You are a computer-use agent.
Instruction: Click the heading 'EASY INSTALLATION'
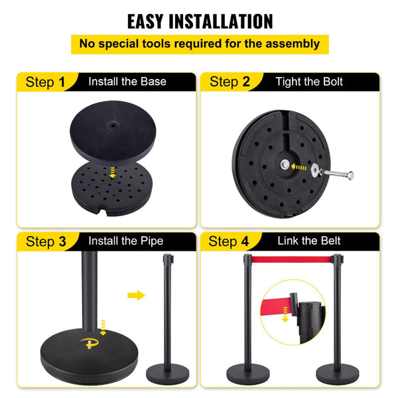pos(200,21)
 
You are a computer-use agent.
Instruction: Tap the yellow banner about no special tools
pos(200,44)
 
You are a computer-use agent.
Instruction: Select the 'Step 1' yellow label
pos(45,82)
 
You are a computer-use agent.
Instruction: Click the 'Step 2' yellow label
pos(230,82)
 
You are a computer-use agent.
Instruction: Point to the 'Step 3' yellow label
pos(45,241)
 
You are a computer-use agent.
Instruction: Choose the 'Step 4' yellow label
pos(230,241)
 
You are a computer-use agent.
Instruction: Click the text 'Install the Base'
pos(127,82)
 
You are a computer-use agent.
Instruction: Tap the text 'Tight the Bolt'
pos(309,82)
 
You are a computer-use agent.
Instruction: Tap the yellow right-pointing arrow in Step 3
pos(136,295)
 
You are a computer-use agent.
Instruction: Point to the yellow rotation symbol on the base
pos(87,343)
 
